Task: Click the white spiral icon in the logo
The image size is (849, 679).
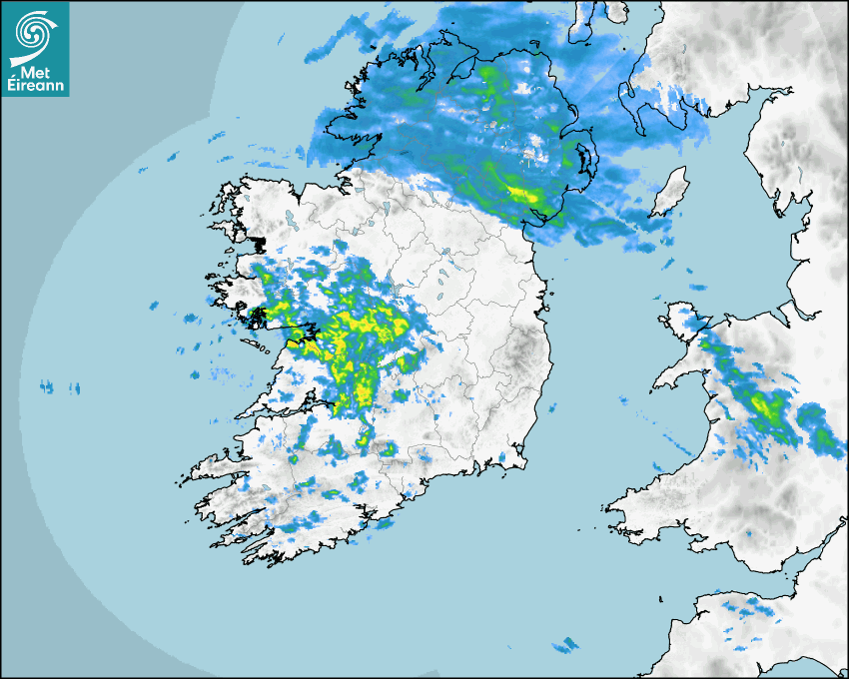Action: click(34, 33)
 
